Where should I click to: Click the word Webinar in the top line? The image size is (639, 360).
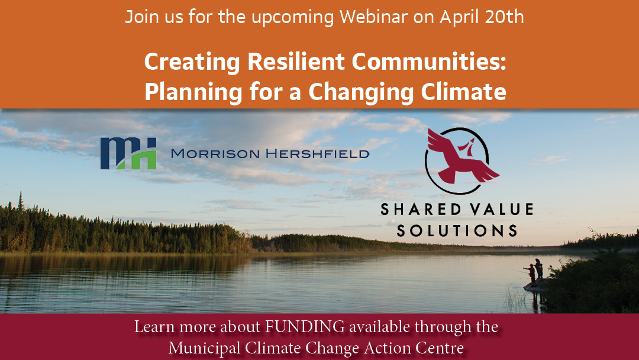(374, 17)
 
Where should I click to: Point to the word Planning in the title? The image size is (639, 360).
(193, 92)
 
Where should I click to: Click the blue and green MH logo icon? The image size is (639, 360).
(128, 153)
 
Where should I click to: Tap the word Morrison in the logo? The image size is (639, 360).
(215, 154)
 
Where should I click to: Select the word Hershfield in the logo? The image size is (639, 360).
(318, 154)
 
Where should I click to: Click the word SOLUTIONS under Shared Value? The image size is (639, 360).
(457, 231)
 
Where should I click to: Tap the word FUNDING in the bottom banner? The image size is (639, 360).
(305, 327)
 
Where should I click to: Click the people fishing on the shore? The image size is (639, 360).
(534, 272)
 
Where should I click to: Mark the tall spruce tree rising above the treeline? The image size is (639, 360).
(20, 204)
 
